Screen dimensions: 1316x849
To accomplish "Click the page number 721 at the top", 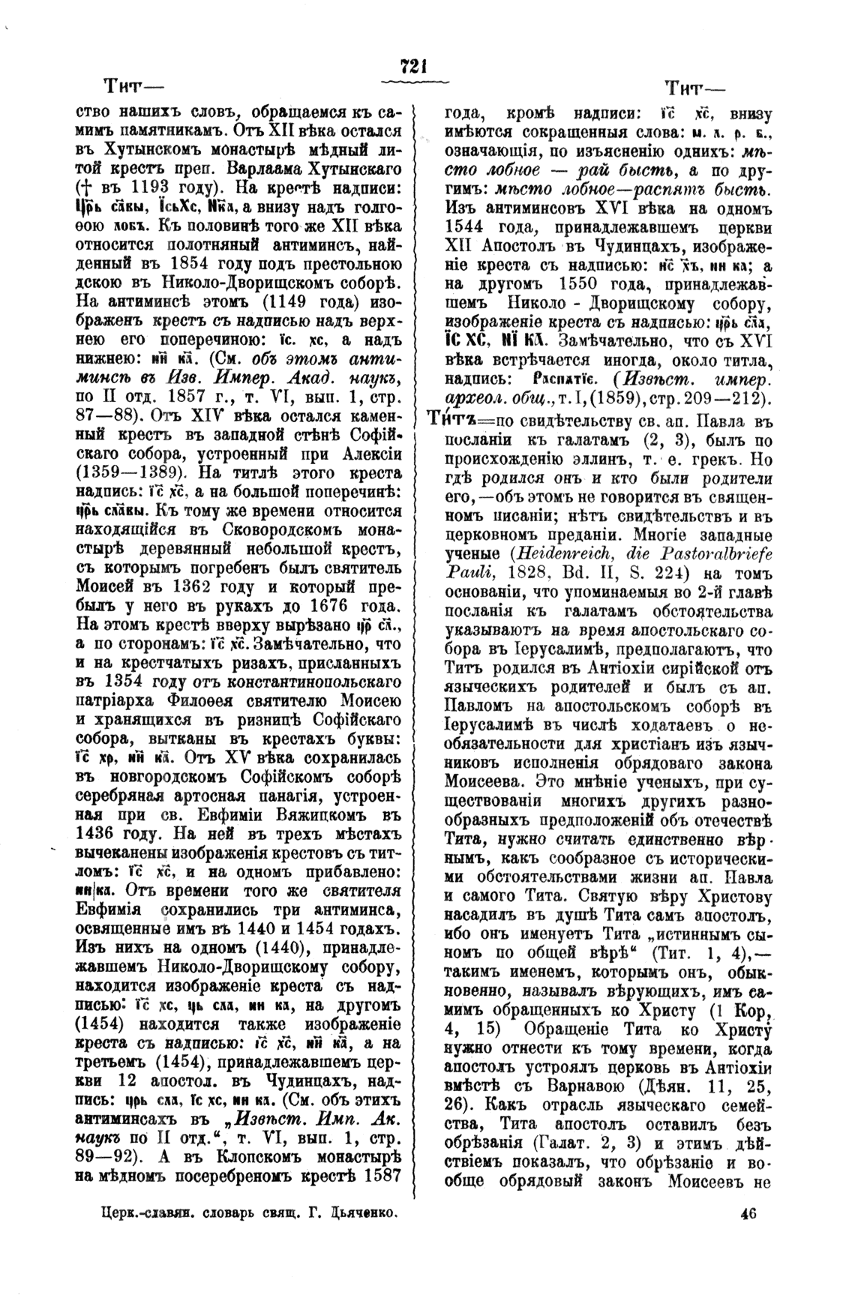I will click(x=414, y=67).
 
